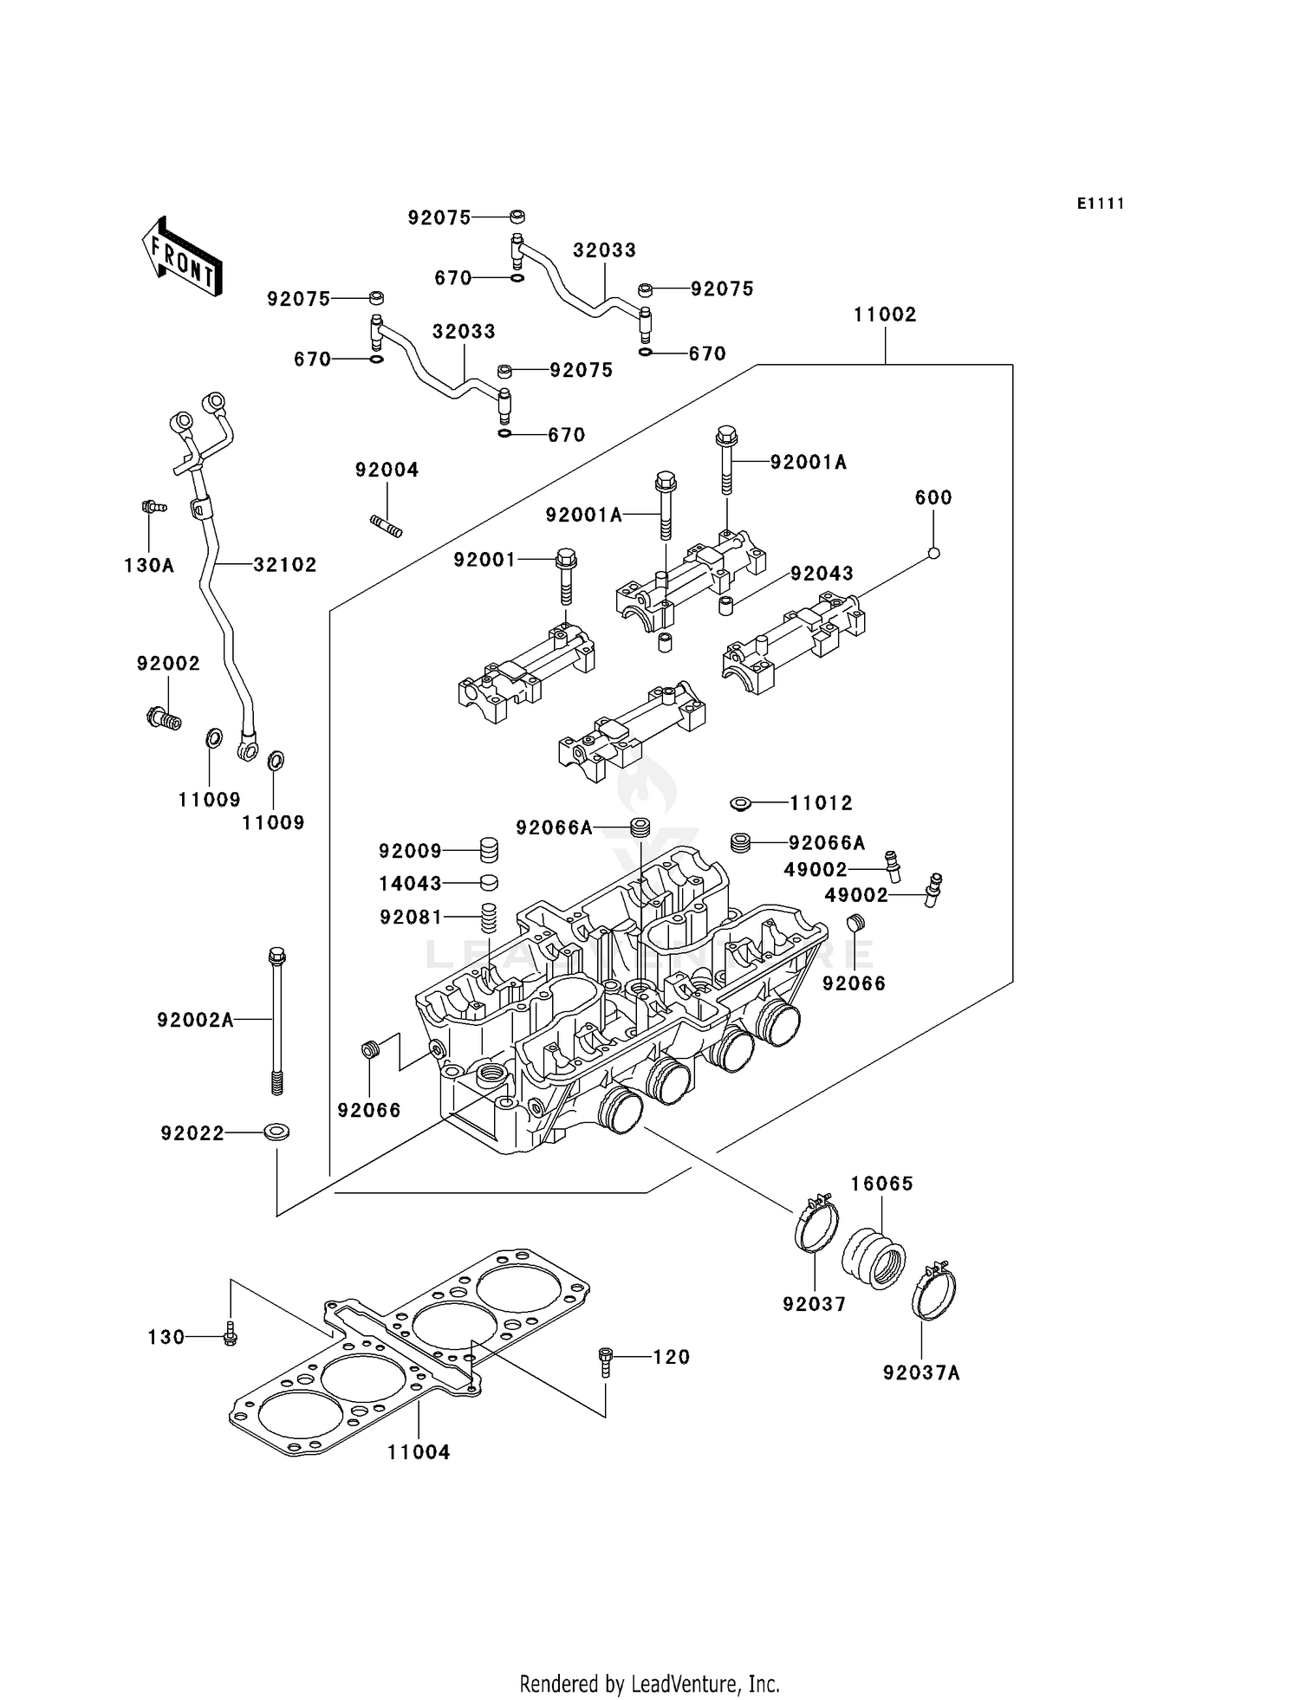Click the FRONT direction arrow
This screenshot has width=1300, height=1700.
(182, 257)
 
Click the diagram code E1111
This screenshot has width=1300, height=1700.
(1101, 204)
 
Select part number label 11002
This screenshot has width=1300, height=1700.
(885, 315)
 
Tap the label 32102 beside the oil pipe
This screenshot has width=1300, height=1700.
(285, 565)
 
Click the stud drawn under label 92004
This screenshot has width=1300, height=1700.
(387, 526)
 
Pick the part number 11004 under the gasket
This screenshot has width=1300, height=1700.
(419, 1452)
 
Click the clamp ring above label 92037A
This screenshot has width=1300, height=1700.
(933, 1294)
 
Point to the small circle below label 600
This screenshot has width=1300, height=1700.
(933, 554)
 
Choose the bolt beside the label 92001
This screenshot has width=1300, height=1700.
(565, 575)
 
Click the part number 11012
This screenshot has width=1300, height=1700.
(821, 803)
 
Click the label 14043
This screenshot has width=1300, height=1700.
(410, 884)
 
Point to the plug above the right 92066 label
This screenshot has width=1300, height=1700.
(855, 924)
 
